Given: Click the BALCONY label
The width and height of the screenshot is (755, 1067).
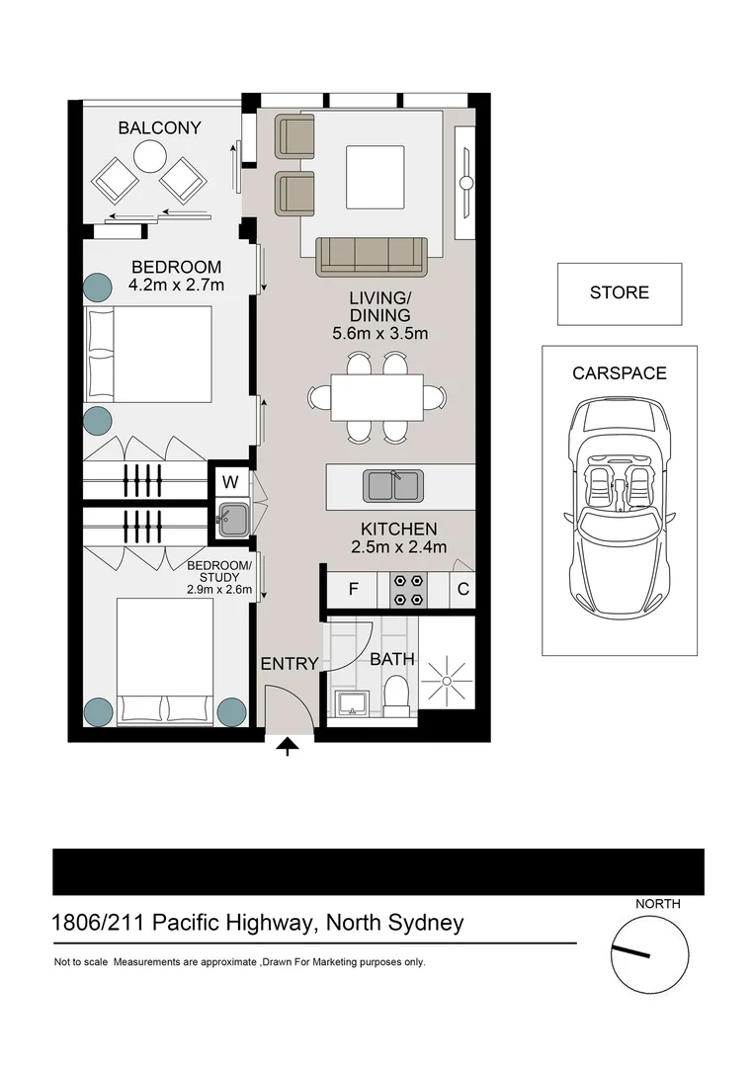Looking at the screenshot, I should [x=159, y=127].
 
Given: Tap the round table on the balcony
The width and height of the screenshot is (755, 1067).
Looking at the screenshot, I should [x=150, y=157].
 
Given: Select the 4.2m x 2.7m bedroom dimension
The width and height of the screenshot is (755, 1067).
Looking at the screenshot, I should [x=177, y=287].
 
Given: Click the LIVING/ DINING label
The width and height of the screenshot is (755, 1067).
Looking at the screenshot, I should [x=379, y=306].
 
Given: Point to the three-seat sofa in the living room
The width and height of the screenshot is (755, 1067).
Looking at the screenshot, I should [x=371, y=256].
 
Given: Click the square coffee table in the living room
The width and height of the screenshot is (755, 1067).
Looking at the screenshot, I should [x=375, y=177].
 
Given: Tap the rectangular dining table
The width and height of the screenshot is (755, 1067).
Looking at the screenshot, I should [x=377, y=397].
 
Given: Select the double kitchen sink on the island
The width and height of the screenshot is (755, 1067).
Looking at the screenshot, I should [x=393, y=485].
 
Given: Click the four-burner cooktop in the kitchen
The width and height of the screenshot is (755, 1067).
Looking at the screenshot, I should [x=409, y=591].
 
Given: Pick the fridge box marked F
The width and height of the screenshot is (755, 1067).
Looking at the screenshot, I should [x=354, y=591].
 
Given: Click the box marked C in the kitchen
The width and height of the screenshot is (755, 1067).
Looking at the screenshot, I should [x=462, y=591].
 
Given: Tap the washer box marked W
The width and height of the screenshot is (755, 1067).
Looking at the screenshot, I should [x=230, y=482].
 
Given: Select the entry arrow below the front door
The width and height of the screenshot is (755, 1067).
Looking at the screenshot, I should [x=288, y=747].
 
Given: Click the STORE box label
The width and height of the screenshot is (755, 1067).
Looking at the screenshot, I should [x=619, y=292].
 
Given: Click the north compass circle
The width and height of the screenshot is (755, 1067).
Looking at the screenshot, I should [x=649, y=955].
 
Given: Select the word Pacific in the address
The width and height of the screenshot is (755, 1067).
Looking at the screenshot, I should [x=185, y=925].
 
